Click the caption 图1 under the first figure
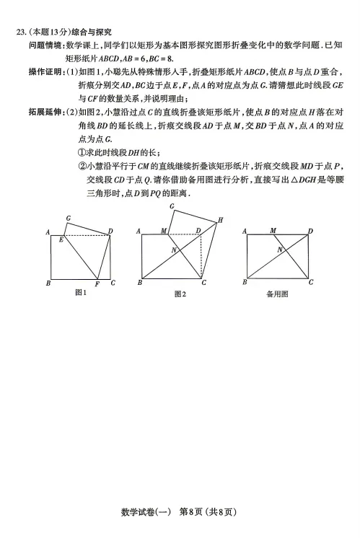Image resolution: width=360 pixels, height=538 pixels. [x=81, y=292]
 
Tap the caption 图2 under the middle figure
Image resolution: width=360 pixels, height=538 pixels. [x=180, y=294]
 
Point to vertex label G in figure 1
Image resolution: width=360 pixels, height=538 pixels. [x=68, y=218]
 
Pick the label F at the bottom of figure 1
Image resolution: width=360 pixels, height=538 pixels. [x=97, y=284]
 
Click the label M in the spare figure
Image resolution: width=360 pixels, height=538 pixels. [x=273, y=231]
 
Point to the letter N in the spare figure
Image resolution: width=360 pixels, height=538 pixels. [x=279, y=250]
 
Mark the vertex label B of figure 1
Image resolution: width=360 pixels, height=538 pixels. [x=48, y=283]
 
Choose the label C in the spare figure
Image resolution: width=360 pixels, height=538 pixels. [x=311, y=283]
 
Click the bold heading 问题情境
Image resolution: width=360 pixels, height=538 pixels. [x=45, y=45]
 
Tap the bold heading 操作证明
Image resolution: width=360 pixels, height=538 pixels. [x=45, y=71]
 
